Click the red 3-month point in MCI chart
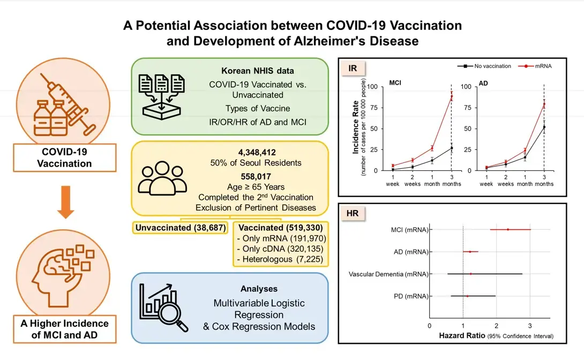[x=451, y=96]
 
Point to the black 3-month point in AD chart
[x=544, y=127]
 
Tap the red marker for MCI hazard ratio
[x=508, y=229]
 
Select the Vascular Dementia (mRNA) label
[x=388, y=274]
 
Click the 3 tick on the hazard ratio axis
[x=530, y=325]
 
